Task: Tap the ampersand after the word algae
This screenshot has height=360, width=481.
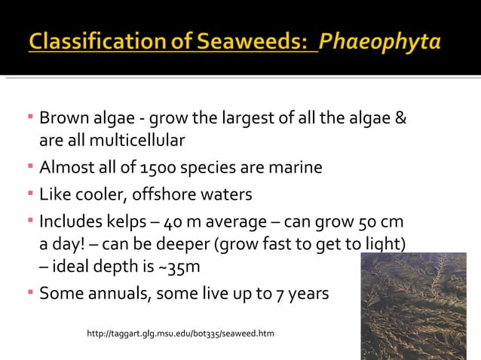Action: click(x=401, y=119)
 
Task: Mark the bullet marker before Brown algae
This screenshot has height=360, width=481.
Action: click(x=31, y=119)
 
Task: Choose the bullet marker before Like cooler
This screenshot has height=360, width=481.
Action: click(x=31, y=195)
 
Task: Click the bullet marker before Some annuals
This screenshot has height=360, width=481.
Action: click(x=31, y=292)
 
